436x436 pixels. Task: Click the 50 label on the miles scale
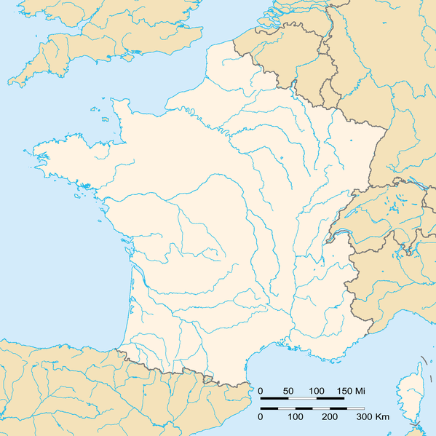288,392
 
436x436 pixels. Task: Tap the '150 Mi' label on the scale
350,392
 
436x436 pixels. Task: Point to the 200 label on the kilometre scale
329,417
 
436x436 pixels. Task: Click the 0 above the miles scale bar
261,392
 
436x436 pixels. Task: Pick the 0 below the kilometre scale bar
261,417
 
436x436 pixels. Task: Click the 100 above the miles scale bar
316,392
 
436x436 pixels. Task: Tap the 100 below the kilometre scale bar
295,417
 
